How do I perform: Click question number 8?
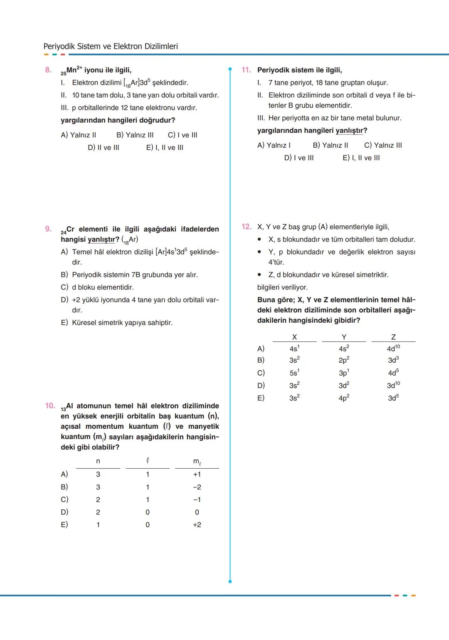(48, 70)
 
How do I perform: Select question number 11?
(246, 70)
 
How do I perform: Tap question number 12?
(246, 227)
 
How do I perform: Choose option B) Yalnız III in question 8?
(135, 135)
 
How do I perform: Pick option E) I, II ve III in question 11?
(361, 158)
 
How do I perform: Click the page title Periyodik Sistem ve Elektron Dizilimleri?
(111, 46)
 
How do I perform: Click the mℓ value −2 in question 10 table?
(197, 487)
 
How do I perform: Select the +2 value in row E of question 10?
(197, 525)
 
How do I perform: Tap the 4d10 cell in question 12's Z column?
(393, 348)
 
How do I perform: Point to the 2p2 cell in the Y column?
(344, 360)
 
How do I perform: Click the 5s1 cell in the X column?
(294, 373)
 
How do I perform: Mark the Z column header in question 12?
(393, 337)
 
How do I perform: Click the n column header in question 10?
(98, 461)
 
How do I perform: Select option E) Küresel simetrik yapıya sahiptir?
(117, 323)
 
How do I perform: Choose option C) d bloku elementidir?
(97, 287)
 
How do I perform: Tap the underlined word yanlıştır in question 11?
(349, 131)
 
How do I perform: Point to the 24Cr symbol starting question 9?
(67, 230)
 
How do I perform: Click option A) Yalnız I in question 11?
(274, 146)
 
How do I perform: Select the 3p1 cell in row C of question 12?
(344, 373)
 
